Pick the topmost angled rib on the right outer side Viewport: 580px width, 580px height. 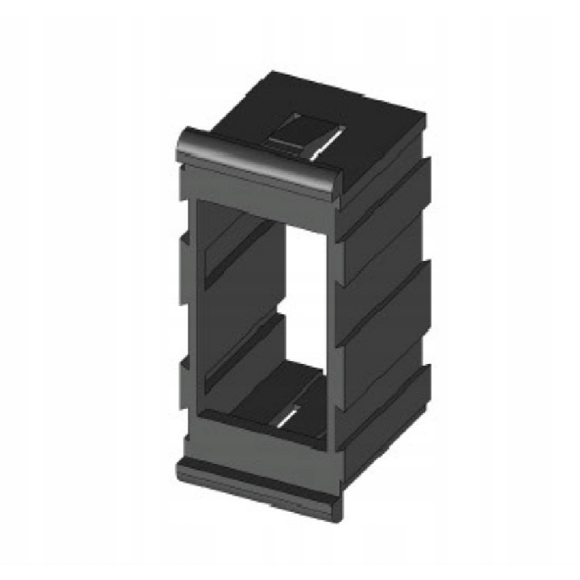pos(384,196)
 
